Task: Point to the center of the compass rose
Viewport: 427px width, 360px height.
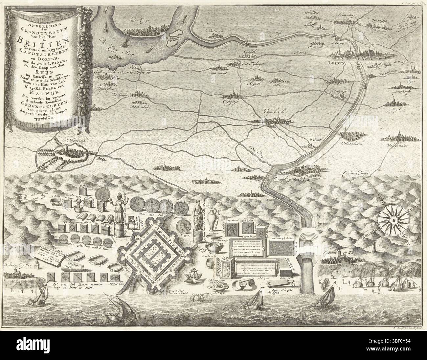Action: point(393,219)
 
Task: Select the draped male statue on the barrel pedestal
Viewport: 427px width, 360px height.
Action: point(197,214)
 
